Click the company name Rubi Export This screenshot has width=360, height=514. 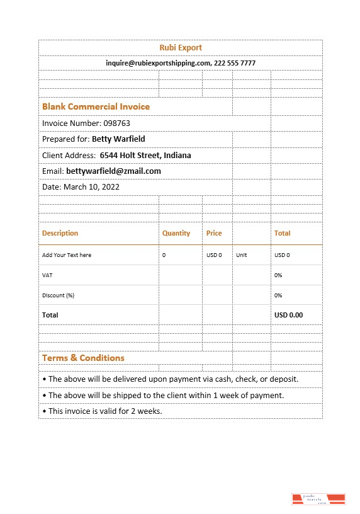[181, 48]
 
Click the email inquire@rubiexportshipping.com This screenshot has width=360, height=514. [158, 63]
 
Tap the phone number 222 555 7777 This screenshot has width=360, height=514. [235, 63]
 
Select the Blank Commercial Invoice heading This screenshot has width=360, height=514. [96, 106]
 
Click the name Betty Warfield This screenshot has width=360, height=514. [118, 139]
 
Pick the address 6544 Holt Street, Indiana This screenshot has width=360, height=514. [145, 156]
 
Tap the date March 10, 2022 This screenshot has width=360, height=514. [91, 187]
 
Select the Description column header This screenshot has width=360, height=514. [60, 233]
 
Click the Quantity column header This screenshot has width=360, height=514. [176, 233]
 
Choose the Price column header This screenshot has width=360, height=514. [214, 233]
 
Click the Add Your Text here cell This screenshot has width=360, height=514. [67, 255]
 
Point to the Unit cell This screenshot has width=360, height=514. [242, 255]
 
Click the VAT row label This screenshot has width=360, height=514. [47, 275]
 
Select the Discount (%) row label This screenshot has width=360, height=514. [58, 295]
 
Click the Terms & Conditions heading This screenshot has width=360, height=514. [83, 358]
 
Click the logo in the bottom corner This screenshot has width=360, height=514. [319, 500]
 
